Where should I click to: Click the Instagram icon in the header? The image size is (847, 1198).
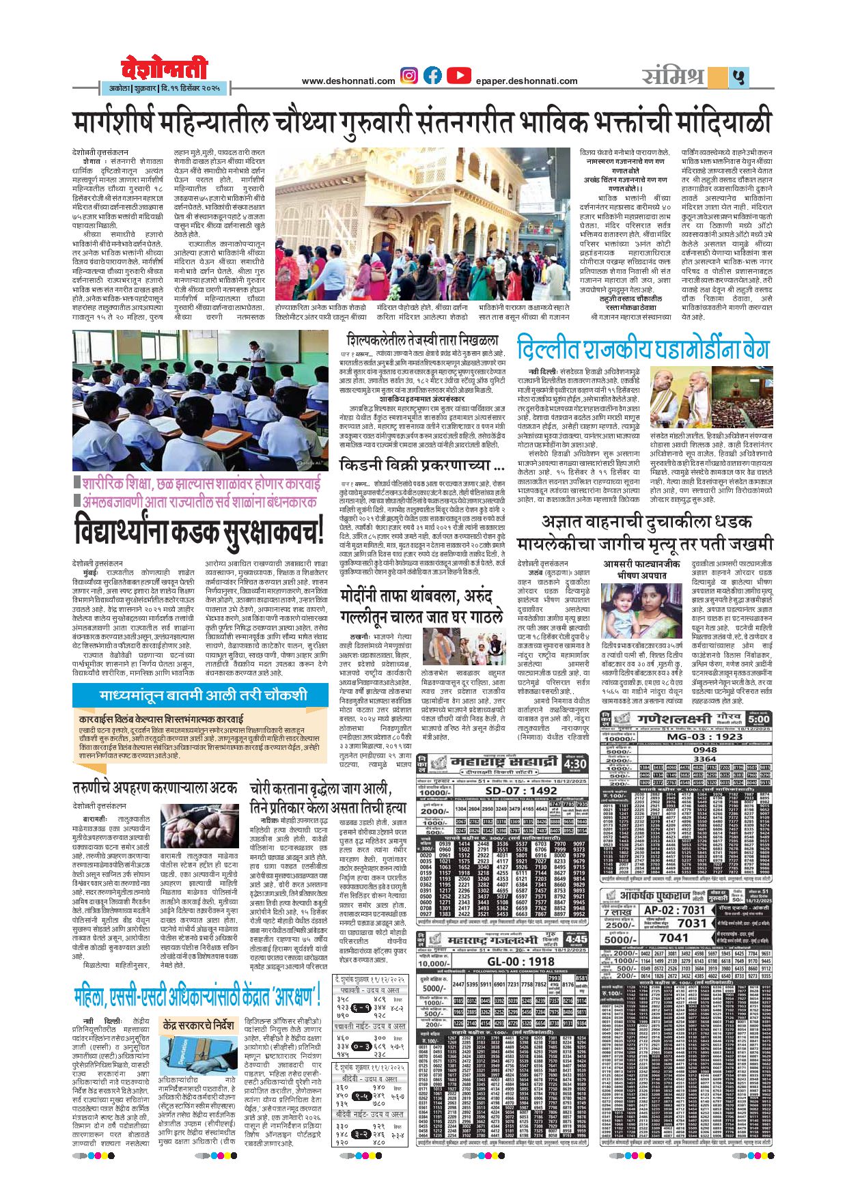point(409,75)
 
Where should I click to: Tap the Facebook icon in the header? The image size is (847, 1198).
point(432,75)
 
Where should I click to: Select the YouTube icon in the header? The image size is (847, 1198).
point(458,75)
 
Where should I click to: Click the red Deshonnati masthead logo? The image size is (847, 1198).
point(165,70)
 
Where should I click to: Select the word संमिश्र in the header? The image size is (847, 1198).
point(674,76)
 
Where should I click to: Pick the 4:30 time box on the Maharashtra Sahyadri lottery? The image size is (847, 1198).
point(575,763)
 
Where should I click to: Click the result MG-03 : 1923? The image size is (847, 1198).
point(704,737)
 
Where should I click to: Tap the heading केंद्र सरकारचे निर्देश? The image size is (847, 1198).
point(199,1026)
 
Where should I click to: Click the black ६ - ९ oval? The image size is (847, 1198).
point(362,1007)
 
